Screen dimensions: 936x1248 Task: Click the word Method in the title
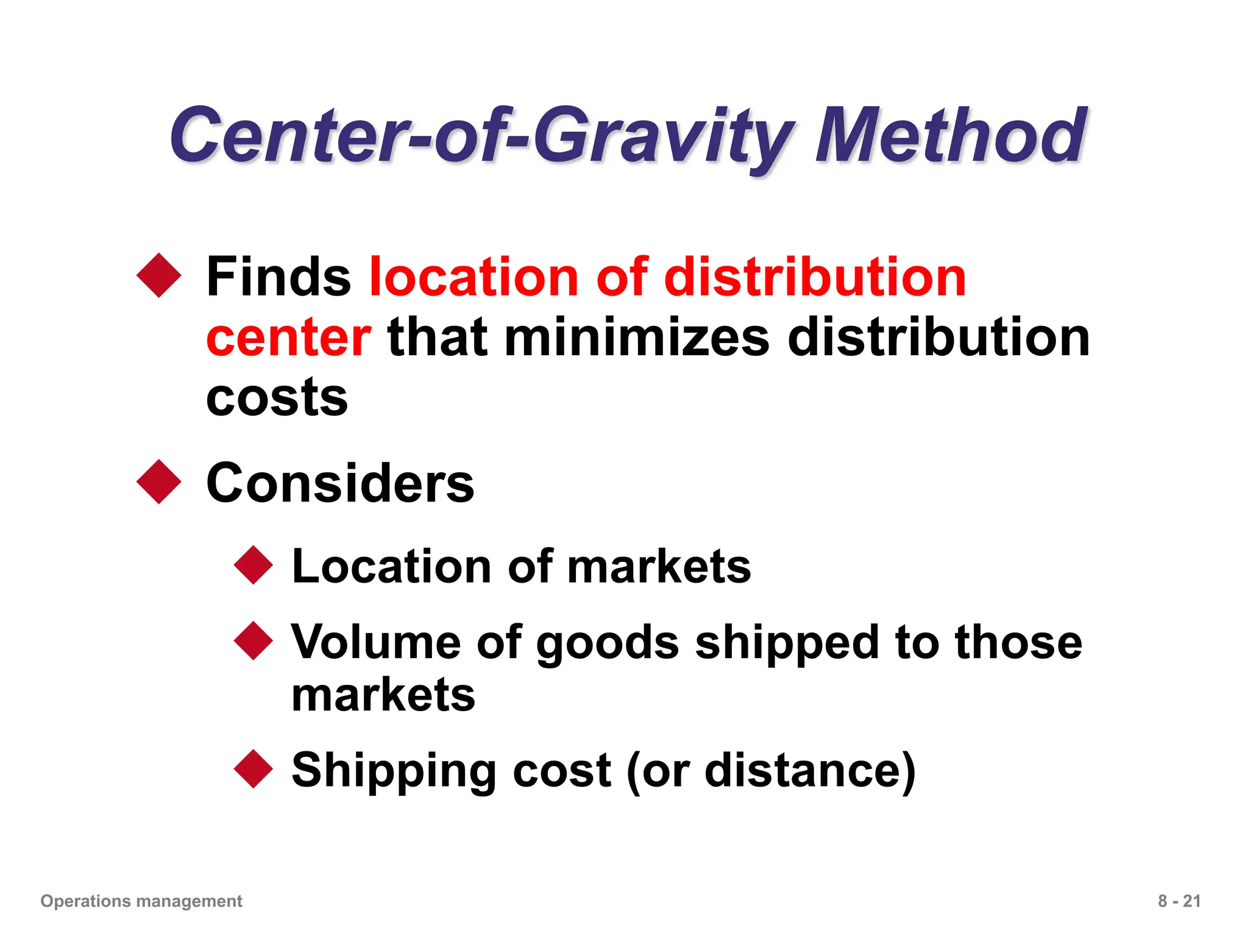click(951, 135)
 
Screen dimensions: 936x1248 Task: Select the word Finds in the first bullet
click(278, 277)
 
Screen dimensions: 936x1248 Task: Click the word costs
click(277, 398)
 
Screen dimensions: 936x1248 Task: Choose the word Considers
click(340, 483)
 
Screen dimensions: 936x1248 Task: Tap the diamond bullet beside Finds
click(159, 275)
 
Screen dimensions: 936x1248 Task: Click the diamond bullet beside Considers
click(159, 481)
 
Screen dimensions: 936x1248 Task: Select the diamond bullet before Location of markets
click(253, 565)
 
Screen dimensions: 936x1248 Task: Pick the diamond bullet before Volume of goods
click(253, 640)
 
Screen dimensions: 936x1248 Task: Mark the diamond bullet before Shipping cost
click(253, 769)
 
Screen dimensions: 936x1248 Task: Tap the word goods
click(608, 643)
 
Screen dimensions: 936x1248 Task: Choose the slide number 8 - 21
click(1179, 901)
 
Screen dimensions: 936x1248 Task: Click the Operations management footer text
click(141, 901)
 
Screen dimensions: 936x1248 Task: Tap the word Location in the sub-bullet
click(391, 567)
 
